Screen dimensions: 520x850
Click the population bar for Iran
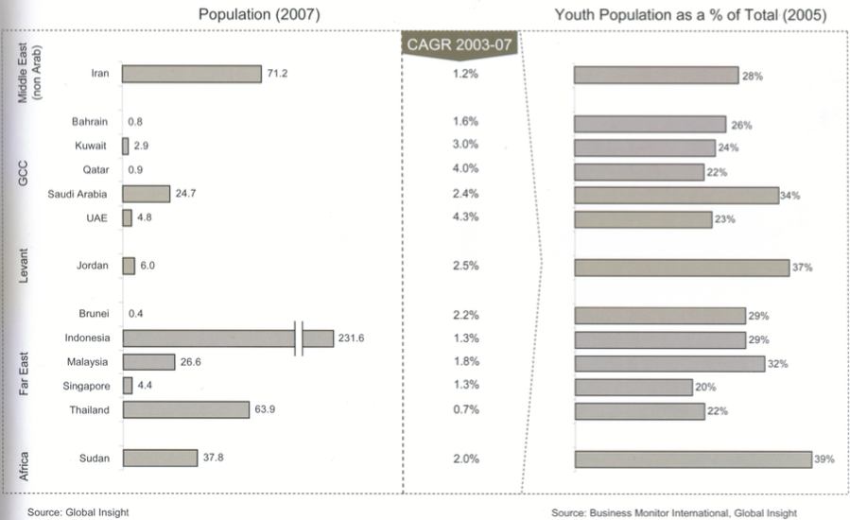point(192,74)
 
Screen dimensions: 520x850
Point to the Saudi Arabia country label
point(78,194)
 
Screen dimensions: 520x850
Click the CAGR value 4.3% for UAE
point(466,217)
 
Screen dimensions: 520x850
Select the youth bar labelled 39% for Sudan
point(692,459)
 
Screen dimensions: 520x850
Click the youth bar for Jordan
point(681,267)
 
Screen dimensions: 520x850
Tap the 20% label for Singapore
point(705,387)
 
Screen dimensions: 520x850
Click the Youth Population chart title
point(690,14)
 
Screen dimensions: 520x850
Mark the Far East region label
point(25,373)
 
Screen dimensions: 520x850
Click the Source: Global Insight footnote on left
point(78,512)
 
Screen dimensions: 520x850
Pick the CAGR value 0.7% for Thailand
point(466,409)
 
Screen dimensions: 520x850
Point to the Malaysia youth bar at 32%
point(668,363)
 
